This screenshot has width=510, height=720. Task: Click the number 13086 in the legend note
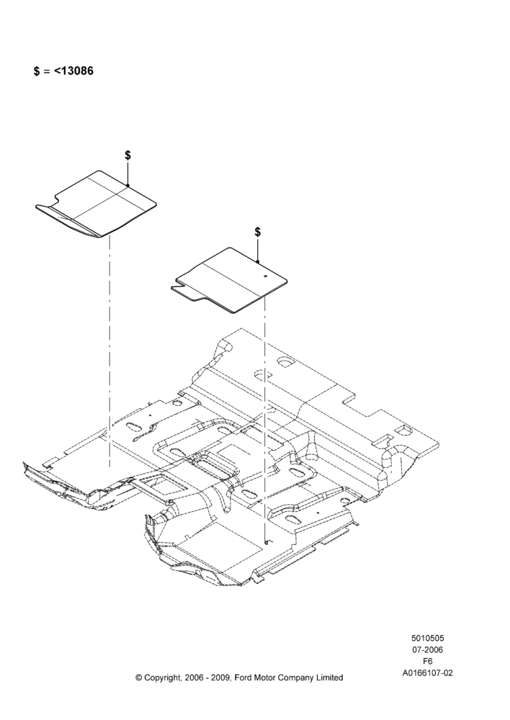pos(77,71)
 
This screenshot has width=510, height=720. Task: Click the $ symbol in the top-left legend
pos(37,71)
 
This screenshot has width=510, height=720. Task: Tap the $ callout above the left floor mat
pos(127,156)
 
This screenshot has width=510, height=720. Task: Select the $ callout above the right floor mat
pos(258,232)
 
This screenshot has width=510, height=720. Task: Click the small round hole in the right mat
pos(266,276)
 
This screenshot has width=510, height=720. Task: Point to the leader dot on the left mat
pos(128,186)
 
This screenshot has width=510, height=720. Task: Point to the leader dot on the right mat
pos(258,262)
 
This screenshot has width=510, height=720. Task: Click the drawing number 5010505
pos(427,638)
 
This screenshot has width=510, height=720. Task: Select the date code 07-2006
pos(427,649)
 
